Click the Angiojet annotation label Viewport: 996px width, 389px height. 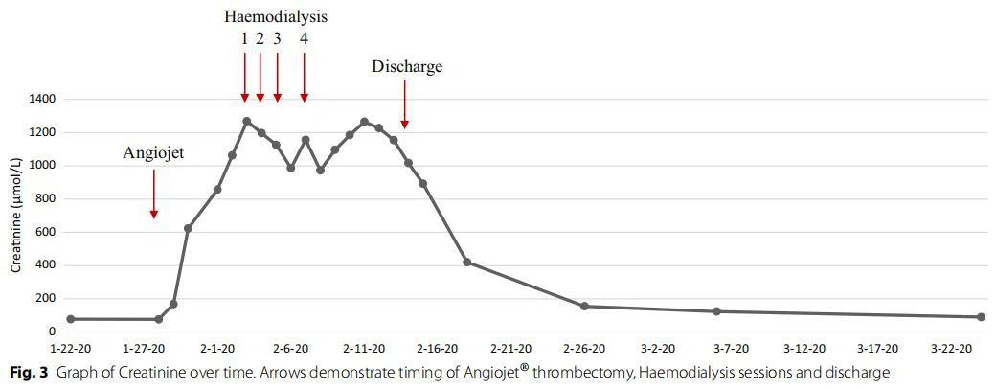[155, 152]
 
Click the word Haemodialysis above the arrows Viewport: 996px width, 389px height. [276, 17]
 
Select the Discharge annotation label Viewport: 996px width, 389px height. [408, 67]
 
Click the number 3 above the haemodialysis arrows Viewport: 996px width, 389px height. [277, 39]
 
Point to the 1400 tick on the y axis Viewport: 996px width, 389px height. [42, 100]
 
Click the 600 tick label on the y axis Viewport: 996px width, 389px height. [45, 232]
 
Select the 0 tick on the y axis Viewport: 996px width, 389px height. [52, 332]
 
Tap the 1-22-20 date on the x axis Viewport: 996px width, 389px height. [70, 349]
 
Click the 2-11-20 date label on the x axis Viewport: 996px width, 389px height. [364, 349]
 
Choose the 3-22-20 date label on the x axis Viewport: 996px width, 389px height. [952, 349]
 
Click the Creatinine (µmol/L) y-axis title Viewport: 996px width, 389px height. [16, 216]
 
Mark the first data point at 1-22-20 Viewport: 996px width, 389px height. [70, 319]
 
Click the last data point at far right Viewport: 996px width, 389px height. [981, 317]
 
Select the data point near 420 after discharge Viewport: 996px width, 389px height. [466, 262]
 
